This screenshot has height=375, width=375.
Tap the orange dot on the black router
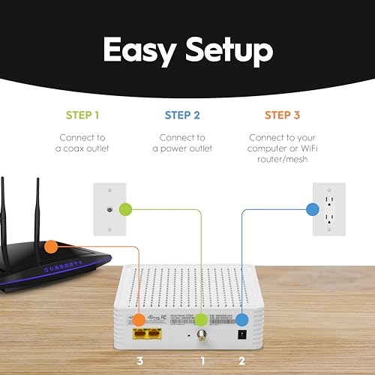[50, 245]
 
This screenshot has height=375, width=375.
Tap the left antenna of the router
[7, 214]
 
